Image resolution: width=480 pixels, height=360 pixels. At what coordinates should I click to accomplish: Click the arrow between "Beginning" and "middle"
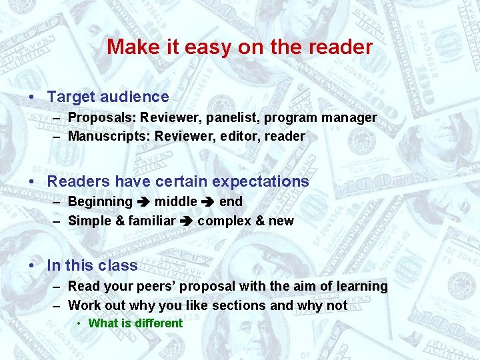(143, 202)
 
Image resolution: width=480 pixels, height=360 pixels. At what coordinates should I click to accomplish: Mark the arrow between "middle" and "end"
(208, 202)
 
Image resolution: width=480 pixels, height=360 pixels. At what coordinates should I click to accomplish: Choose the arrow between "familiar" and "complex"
(187, 221)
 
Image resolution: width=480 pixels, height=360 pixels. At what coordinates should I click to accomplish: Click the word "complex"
(221, 221)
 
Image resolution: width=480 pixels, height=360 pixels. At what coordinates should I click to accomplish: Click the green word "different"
(158, 323)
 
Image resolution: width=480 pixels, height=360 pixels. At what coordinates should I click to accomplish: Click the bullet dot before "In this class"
(32, 265)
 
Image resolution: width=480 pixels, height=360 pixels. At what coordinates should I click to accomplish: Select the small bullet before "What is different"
(79, 323)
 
